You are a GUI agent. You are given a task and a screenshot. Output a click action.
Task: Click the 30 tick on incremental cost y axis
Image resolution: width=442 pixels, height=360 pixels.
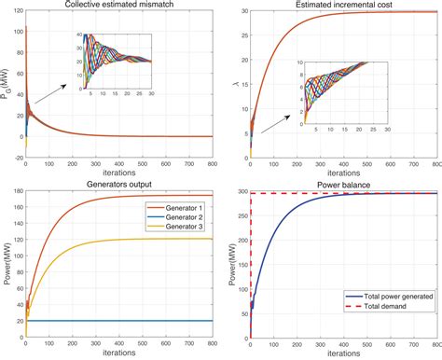(241, 12)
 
